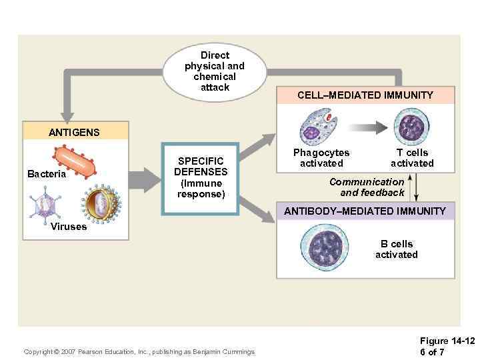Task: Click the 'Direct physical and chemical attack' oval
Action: (215, 71)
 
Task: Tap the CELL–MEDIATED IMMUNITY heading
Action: (365, 95)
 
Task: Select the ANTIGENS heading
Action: (74, 132)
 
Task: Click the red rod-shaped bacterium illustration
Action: (75, 163)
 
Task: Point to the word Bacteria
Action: (47, 174)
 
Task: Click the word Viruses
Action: (69, 227)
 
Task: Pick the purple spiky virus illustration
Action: (46, 201)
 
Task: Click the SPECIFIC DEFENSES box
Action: (201, 178)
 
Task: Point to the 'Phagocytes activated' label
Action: (321, 158)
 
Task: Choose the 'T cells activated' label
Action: (412, 158)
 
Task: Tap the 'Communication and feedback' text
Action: (367, 187)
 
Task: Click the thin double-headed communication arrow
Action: (416, 186)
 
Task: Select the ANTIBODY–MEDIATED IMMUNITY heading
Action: (365, 211)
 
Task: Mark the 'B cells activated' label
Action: (396, 249)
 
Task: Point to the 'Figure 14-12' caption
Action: (447, 341)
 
